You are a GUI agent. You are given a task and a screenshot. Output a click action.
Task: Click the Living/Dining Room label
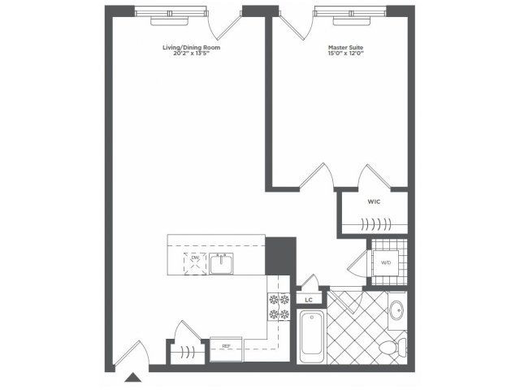point(191,48)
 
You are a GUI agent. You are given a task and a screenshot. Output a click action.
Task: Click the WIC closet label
point(375,200)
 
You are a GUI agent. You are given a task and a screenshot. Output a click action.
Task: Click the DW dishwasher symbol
point(195,260)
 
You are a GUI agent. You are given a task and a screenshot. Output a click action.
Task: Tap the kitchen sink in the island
point(221,262)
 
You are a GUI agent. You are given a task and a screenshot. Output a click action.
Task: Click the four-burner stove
point(279,308)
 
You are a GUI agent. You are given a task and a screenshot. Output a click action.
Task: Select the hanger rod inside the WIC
point(373,225)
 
